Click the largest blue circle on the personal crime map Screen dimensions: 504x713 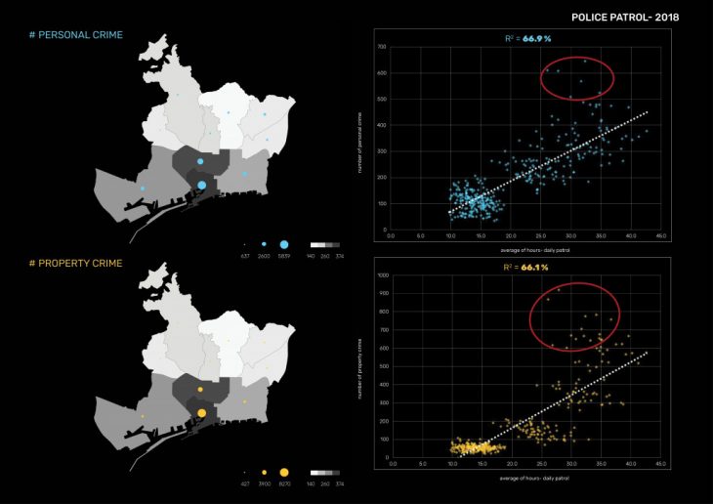pyautogui.click(x=202, y=185)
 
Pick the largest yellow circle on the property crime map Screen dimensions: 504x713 pyautogui.click(x=202, y=413)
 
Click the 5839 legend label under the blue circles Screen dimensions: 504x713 pyautogui.click(x=284, y=255)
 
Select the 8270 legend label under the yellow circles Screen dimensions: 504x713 pyautogui.click(x=284, y=483)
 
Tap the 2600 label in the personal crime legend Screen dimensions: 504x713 pyautogui.click(x=264, y=255)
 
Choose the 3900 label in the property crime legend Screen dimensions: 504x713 pyautogui.click(x=264, y=483)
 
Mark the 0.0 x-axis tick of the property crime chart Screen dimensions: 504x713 pyautogui.click(x=391, y=463)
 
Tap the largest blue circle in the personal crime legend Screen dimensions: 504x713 pyautogui.click(x=284, y=242)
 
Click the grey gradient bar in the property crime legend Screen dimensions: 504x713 pyautogui.click(x=325, y=472)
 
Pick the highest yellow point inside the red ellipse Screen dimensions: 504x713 pyautogui.click(x=559, y=290)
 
